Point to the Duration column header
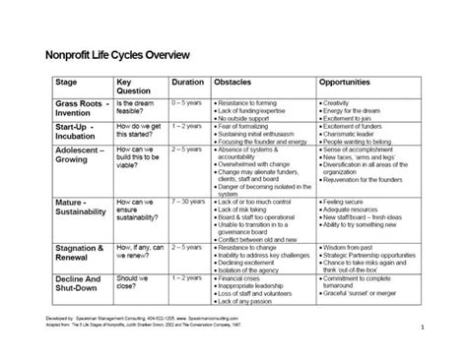tap(188, 83)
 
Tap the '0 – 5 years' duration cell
tap(188, 102)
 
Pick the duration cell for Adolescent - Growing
tap(188, 150)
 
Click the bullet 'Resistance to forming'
tap(254, 102)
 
